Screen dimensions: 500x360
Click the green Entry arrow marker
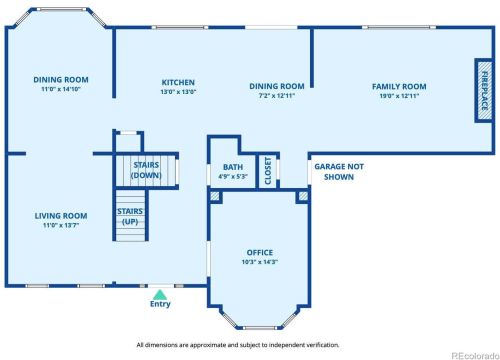coord(160,294)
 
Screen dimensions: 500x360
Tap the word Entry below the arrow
coord(160,304)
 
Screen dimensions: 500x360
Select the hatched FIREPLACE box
coord(484,91)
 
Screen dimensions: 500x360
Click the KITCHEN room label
coord(178,82)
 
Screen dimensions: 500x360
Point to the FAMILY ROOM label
coord(399,87)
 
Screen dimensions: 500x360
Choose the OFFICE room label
coord(260,252)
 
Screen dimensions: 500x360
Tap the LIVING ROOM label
coord(61,216)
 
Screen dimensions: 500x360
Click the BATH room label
coord(233,167)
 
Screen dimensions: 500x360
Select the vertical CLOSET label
coord(268,171)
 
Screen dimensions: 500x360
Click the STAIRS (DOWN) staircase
coord(146,170)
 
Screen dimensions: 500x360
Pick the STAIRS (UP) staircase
coord(130,215)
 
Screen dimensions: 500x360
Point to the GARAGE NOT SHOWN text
coord(339,172)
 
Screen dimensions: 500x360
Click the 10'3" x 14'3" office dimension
coord(260,262)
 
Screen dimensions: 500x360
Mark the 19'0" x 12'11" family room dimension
coord(399,96)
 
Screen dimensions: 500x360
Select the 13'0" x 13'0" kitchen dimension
coord(178,92)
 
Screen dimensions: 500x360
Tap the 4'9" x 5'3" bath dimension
coord(233,176)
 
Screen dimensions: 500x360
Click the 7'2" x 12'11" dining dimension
coord(277,96)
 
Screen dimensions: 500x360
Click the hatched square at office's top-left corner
coord(215,196)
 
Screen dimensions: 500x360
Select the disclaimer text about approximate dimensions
coord(238,345)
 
